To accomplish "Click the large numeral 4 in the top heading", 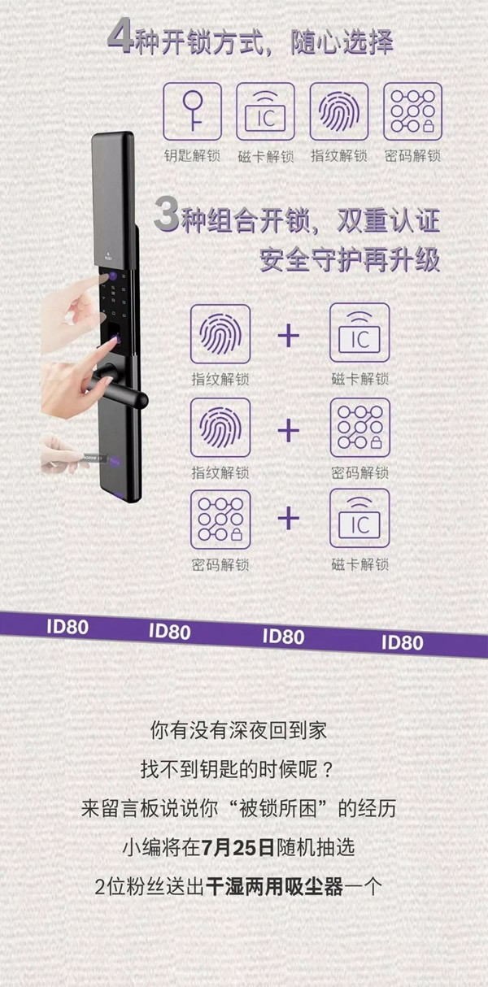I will point(119,38).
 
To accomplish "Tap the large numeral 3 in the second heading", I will point(166,218).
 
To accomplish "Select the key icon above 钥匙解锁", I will point(193,111).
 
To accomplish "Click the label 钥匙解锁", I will point(193,154).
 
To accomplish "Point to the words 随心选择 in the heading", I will point(342,41).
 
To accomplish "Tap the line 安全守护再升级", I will point(350,260).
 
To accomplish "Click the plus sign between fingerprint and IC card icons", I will point(289,335).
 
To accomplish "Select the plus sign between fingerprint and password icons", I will point(289,428).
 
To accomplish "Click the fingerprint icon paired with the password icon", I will point(220,427).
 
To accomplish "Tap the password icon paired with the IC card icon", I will point(220,518).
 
